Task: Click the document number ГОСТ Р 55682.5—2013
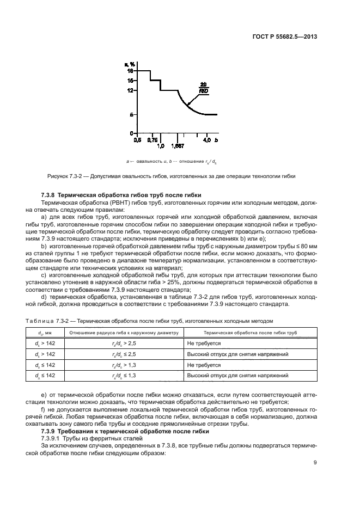point(285,37)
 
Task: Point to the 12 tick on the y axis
point(130,91)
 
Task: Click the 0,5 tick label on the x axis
point(138,140)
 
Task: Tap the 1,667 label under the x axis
point(178,146)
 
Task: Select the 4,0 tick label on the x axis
point(207,140)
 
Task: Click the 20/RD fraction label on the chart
point(203,88)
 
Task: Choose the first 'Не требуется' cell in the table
point(204,344)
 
